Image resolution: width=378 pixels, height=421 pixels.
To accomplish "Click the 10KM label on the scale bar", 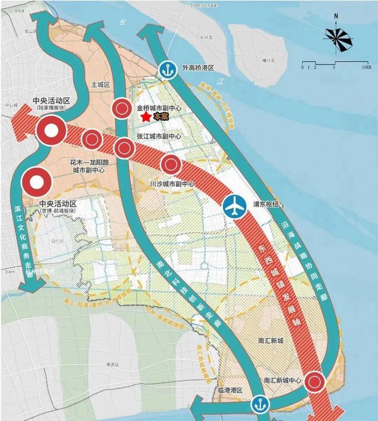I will [365, 68].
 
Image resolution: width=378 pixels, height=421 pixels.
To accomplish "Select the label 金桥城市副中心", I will [159, 107].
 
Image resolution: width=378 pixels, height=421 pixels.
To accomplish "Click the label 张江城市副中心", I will [159, 137].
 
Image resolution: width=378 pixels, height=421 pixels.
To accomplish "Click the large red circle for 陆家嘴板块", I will [50, 131].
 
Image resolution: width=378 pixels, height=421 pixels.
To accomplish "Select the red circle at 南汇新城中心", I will [314, 381].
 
